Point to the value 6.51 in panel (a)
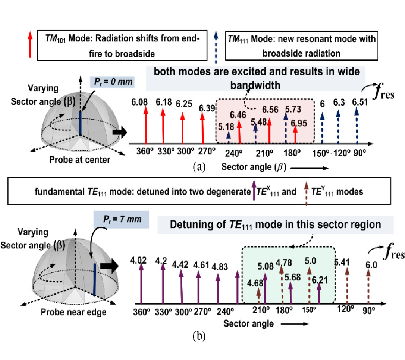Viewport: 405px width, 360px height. (x=360, y=102)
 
